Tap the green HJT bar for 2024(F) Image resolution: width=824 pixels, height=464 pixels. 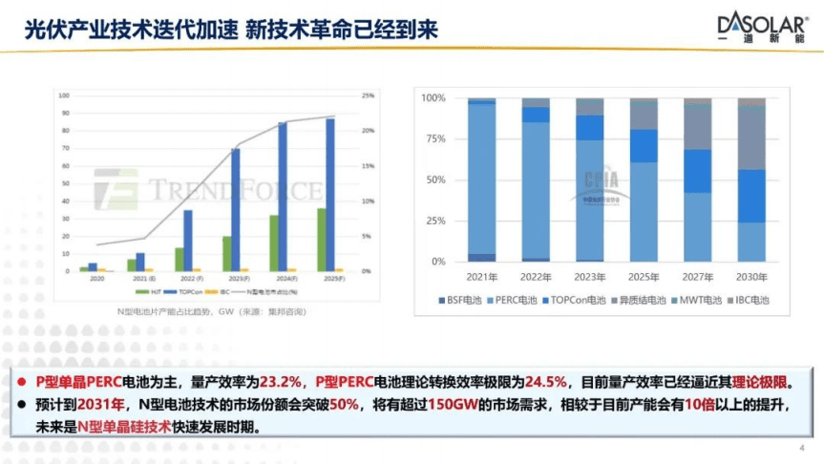coord(274,243)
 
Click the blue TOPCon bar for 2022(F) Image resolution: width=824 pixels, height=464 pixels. coord(188,241)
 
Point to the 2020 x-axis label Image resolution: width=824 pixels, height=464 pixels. coord(97,278)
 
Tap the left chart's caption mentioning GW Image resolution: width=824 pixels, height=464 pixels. coord(205,311)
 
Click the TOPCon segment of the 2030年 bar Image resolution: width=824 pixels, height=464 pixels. coord(751,196)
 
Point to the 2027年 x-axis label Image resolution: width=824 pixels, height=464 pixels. coord(698,277)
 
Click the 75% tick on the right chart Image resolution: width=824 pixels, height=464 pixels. coord(434,138)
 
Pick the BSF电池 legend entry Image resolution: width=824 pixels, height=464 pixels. coord(459,300)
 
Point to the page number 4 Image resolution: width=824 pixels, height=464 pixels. coord(801,449)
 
